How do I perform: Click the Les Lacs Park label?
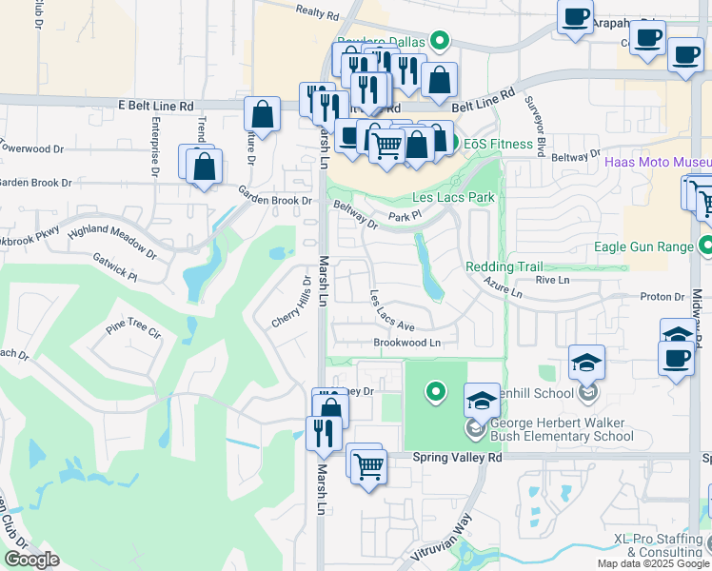[x=452, y=198]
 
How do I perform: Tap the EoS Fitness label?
[x=498, y=144]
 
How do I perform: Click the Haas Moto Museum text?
[x=657, y=162]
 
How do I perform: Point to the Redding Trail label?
[x=504, y=267]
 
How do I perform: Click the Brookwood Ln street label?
[x=407, y=343]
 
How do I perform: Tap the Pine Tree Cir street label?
[x=133, y=327]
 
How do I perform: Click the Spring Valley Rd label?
[x=457, y=457]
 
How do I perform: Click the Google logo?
[x=31, y=560]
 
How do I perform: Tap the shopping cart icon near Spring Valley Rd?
[x=368, y=466]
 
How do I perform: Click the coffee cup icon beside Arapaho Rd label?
[x=576, y=17]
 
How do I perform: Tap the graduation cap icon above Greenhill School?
[x=587, y=362]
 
